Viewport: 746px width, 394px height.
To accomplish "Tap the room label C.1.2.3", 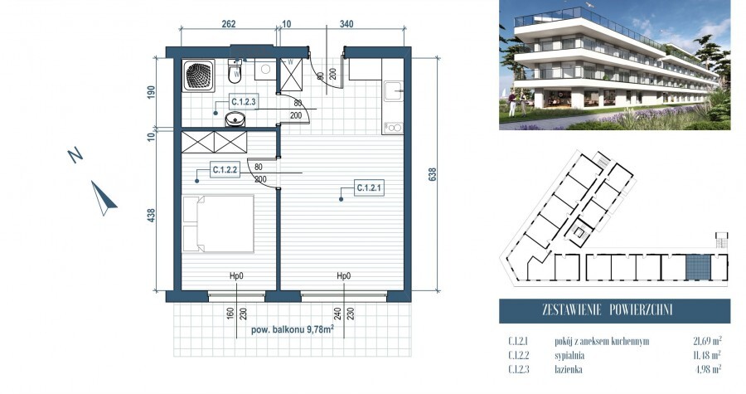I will [x=245, y=103].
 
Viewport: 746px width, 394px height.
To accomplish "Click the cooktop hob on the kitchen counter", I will [x=391, y=127].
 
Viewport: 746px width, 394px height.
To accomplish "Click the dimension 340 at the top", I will [x=346, y=24].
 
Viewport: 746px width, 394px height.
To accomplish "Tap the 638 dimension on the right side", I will [x=432, y=175].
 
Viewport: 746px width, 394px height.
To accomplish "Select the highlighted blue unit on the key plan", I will [x=697, y=267].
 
